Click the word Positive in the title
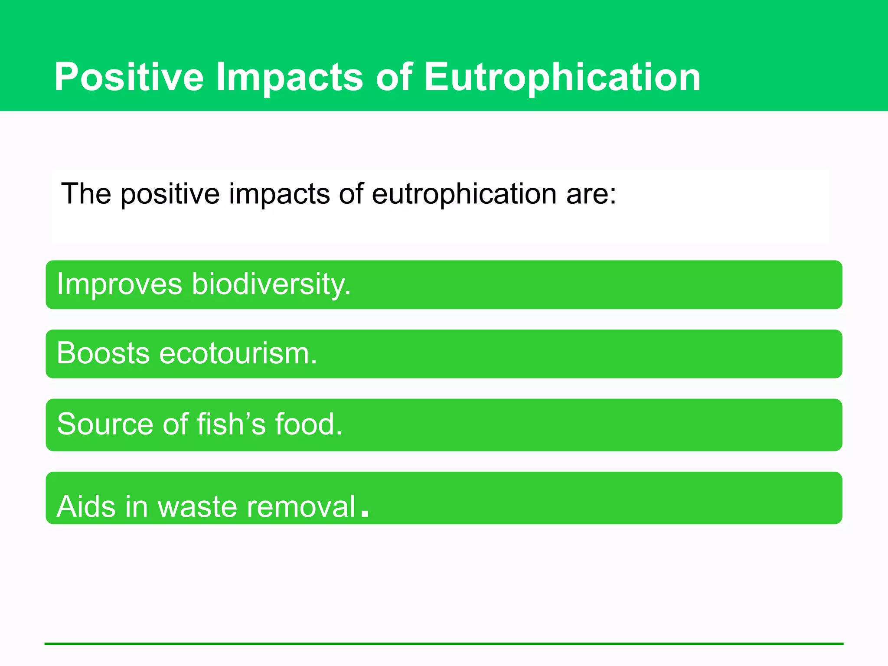tap(129, 77)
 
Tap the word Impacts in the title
tap(289, 77)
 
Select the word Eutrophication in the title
tap(562, 77)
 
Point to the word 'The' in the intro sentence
tap(86, 193)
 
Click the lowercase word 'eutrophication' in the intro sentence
tap(464, 193)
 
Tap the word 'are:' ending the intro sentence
tap(591, 193)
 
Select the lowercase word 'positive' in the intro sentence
tap(170, 194)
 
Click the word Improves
tap(120, 284)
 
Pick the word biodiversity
tap(271, 284)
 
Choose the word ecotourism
tap(238, 353)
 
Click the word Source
tap(105, 424)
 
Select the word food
tap(308, 424)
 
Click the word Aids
tap(86, 506)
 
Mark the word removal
tap(301, 506)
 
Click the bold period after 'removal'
tap(365, 513)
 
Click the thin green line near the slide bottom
tap(444, 644)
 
